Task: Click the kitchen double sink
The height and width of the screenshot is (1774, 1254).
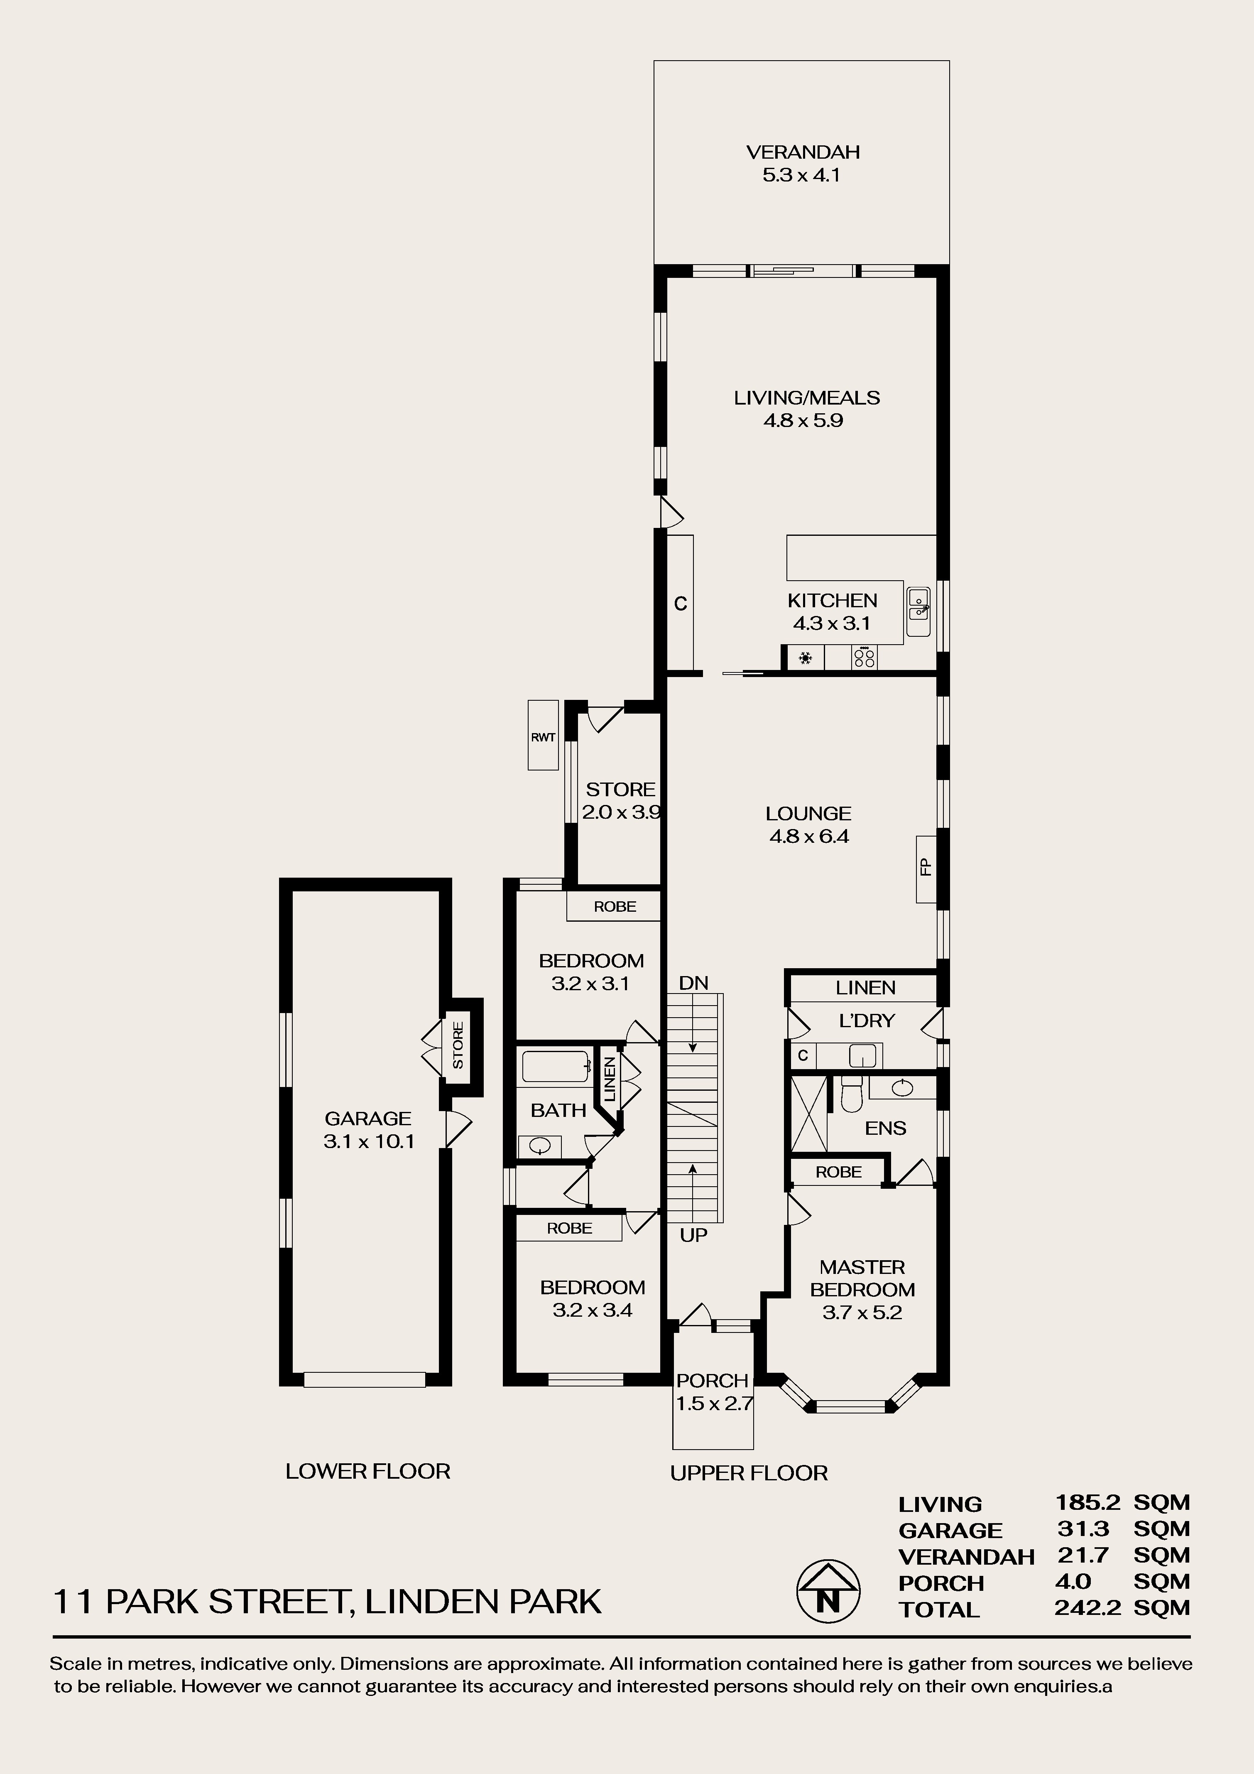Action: click(918, 611)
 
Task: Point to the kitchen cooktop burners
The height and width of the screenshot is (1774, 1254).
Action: click(865, 658)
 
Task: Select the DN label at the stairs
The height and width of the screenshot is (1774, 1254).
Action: click(694, 983)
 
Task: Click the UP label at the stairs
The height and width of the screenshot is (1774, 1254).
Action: click(694, 1235)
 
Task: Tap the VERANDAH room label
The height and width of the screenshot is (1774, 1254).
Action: click(803, 152)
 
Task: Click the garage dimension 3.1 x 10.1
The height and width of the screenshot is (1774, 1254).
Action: click(369, 1141)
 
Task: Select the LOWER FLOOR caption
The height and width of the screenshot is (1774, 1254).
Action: click(368, 1471)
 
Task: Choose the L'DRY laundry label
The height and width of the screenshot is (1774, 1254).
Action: click(866, 1021)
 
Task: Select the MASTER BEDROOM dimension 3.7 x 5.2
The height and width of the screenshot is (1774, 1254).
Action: click(862, 1312)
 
